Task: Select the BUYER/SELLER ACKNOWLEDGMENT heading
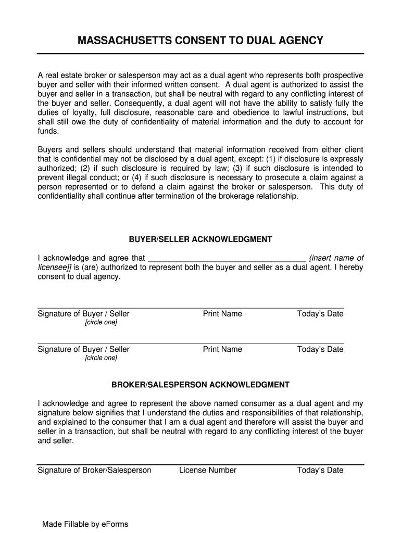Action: (x=200, y=239)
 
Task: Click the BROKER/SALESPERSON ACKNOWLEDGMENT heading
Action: (x=200, y=385)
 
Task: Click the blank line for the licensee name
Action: (x=227, y=258)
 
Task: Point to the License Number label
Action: (x=208, y=470)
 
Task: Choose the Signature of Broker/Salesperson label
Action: (x=94, y=470)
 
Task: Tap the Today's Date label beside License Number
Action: (x=320, y=470)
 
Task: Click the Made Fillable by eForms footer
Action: (x=85, y=524)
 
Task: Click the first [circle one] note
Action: (x=101, y=322)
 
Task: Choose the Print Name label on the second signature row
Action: (x=222, y=349)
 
